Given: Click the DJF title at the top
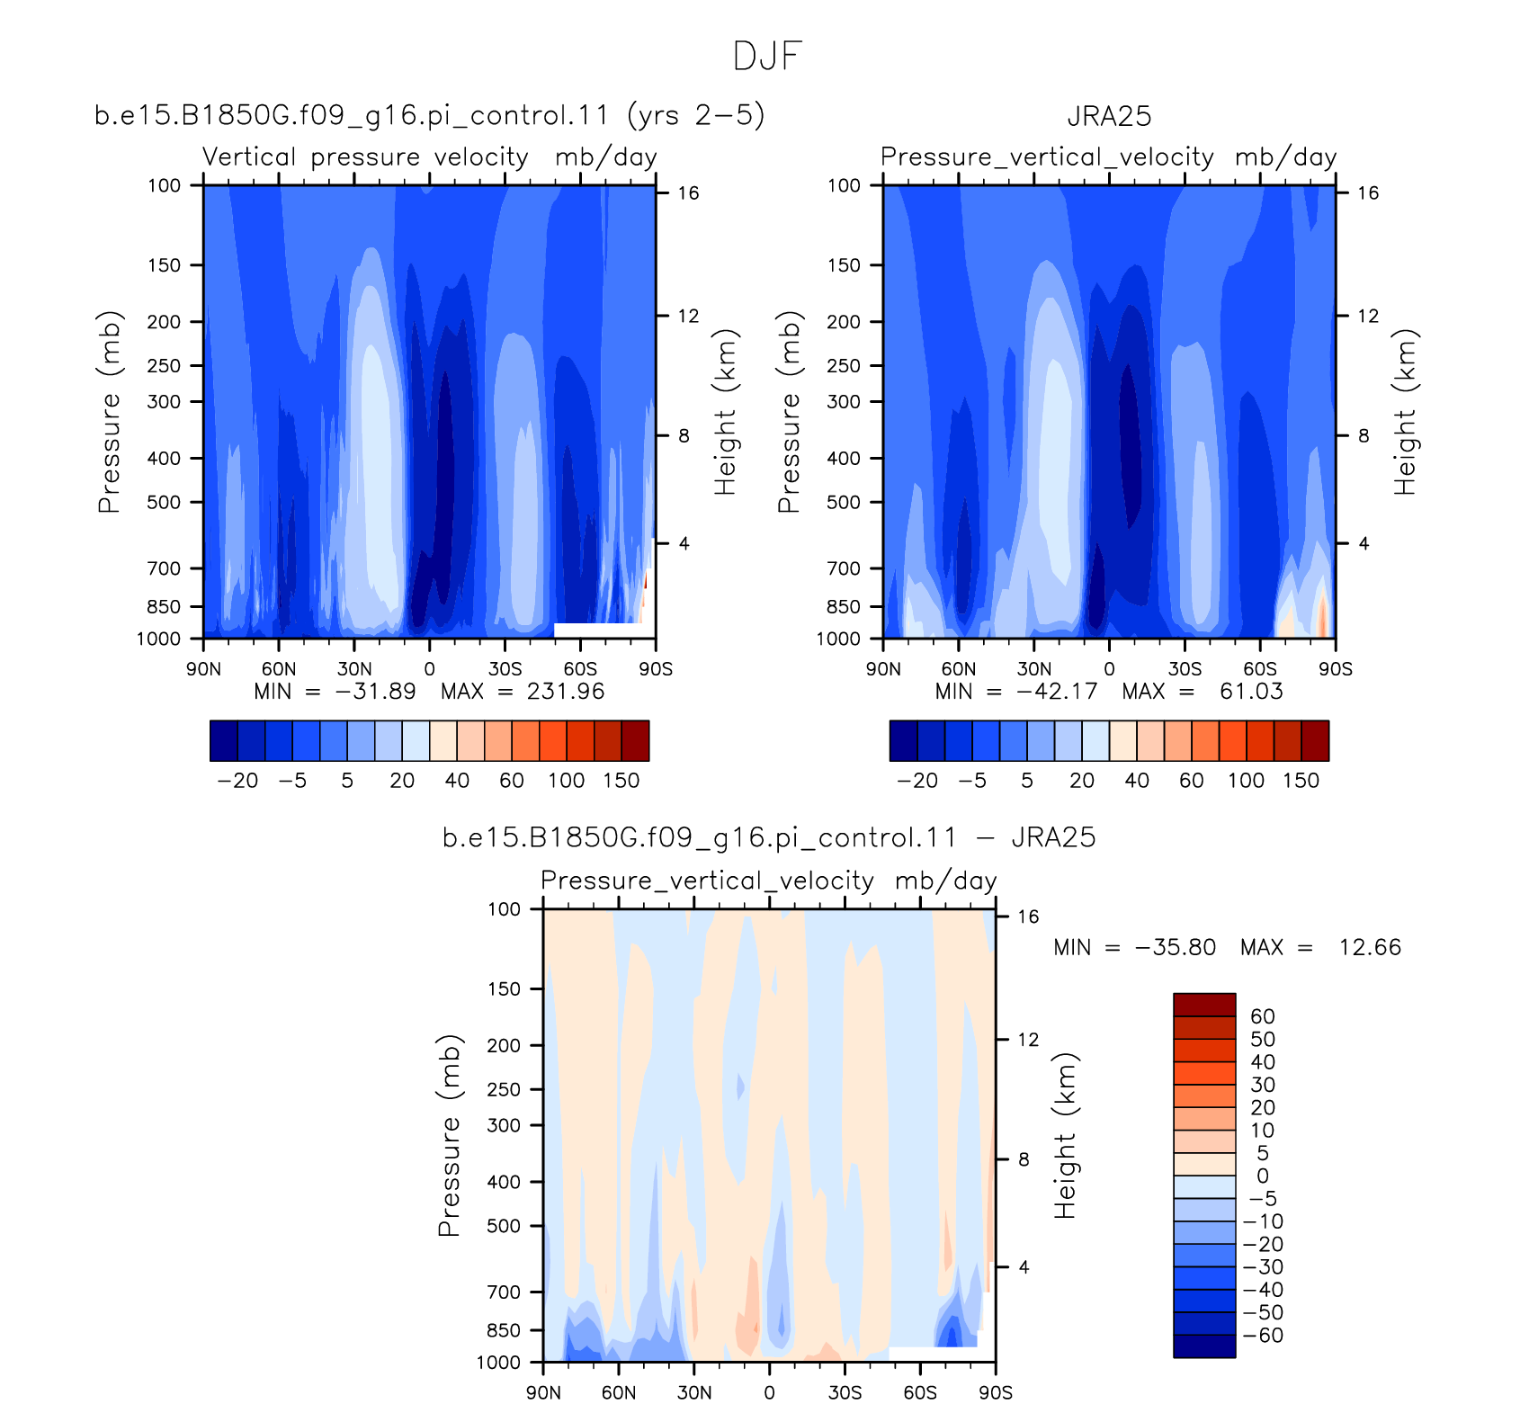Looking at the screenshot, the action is (x=766, y=56).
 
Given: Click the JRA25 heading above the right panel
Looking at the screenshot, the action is (x=1109, y=116).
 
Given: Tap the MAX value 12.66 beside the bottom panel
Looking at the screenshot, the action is (x=1370, y=947).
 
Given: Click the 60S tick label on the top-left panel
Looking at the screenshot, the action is (x=580, y=669).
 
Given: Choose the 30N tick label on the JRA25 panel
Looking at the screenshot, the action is (x=1033, y=669).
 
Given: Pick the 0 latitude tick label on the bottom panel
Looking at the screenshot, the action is (x=769, y=1392).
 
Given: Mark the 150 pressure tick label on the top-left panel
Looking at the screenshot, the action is (x=164, y=265).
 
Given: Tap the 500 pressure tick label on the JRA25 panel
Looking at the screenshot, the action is (x=844, y=502).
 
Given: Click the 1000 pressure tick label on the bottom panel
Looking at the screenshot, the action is (x=498, y=1362).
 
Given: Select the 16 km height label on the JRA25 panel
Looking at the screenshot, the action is (x=1367, y=193).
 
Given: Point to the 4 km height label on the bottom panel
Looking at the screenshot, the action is (x=1024, y=1267).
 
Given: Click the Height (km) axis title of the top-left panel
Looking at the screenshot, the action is (x=725, y=412).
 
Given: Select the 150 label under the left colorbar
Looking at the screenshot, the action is (x=621, y=780).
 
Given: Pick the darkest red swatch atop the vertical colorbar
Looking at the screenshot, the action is (x=1204, y=1005).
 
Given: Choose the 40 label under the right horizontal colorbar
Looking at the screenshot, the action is (x=1137, y=780).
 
